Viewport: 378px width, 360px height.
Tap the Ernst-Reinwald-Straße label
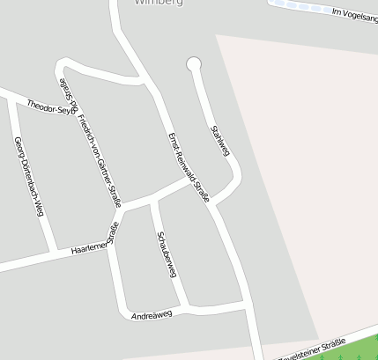coord(188,167)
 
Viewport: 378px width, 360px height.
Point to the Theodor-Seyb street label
coord(49,107)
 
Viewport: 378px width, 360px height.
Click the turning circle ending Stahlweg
coord(194,63)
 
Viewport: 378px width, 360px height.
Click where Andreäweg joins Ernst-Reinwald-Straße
coord(244,304)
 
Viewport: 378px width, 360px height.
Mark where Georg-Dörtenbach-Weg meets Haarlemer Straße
coord(55,252)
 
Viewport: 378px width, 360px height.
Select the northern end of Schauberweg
coord(152,201)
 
